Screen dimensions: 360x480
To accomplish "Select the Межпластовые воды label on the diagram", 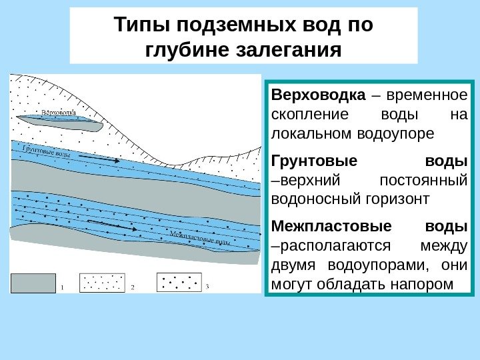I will point(201,238).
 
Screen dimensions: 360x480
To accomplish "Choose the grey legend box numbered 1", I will point(33,283).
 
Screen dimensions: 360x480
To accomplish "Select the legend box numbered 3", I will point(179,283).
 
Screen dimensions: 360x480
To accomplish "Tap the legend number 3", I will point(207,287).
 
